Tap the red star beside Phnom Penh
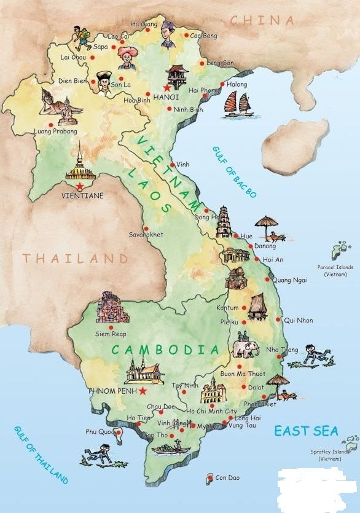143,391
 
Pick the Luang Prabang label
56,131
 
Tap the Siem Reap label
109,334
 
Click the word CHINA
262,20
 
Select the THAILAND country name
76,258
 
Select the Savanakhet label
145,235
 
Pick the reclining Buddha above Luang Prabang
59,106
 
